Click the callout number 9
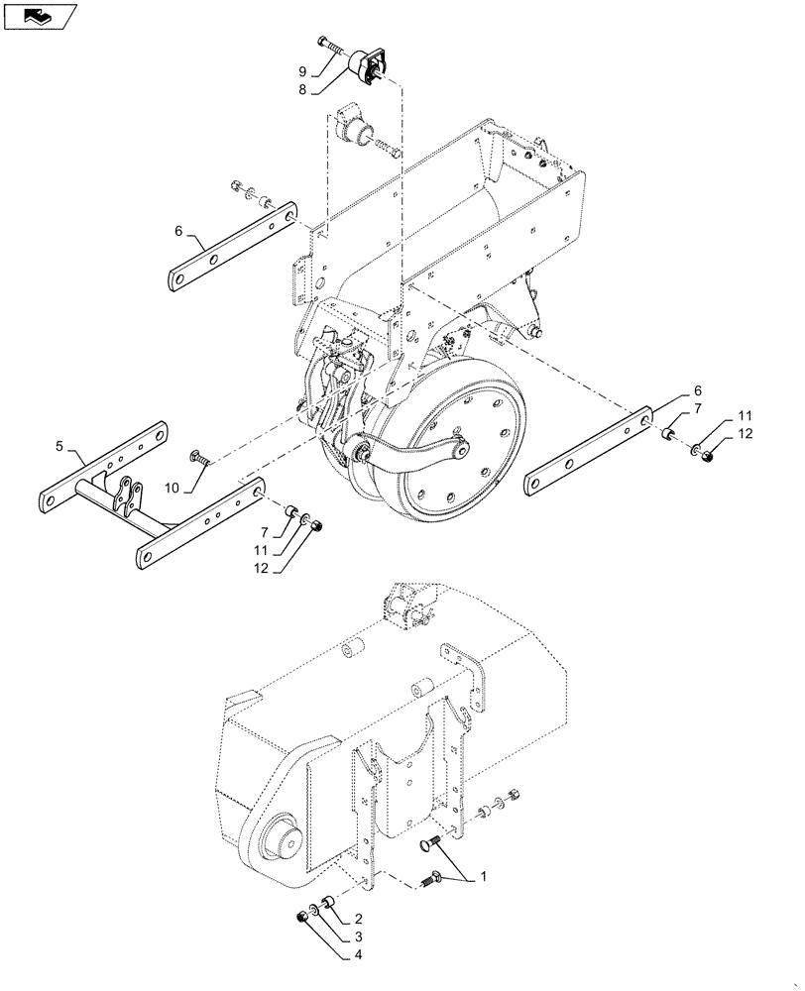(x=303, y=70)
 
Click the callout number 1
(x=483, y=876)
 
